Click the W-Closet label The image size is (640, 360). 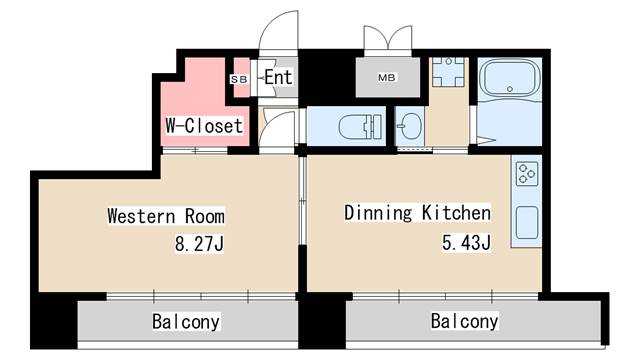coord(204,126)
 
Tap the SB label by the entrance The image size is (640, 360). coord(239,78)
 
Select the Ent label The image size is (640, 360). coord(277,77)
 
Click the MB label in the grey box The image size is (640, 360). coord(385,77)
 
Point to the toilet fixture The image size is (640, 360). coord(357,127)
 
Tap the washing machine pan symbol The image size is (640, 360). coord(448,74)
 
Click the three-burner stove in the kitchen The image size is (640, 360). coord(526,177)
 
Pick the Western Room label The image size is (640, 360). coord(165,216)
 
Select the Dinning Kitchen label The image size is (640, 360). coord(417,213)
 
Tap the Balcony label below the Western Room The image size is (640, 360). coord(186,322)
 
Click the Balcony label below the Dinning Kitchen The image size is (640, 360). coord(465,322)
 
